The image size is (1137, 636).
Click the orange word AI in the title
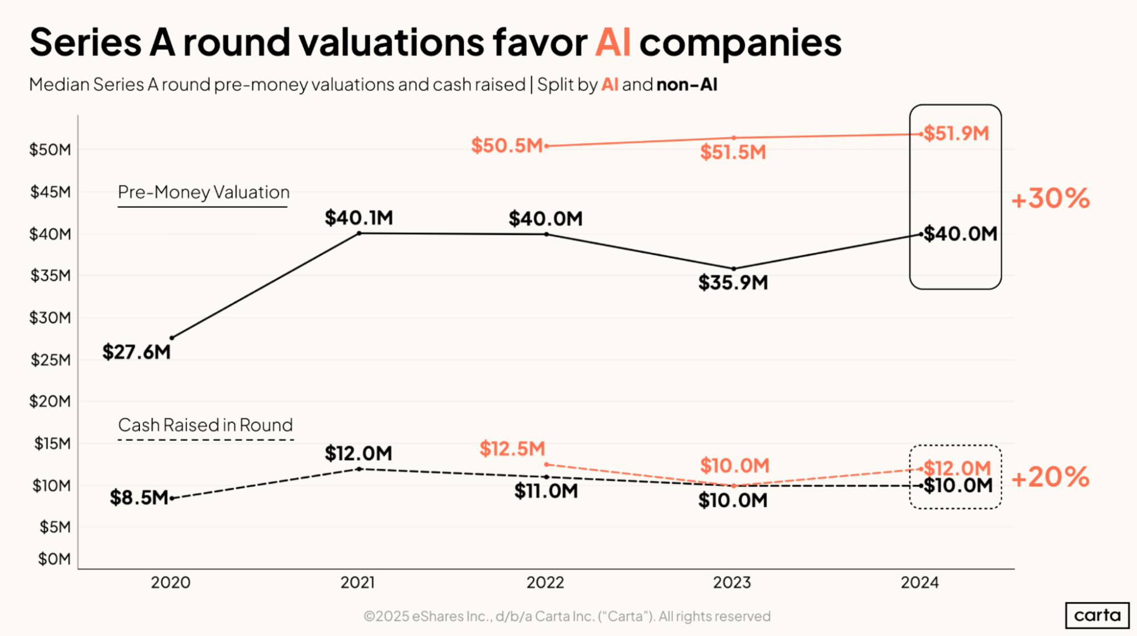pyautogui.click(x=613, y=42)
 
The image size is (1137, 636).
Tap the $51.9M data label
pyautogui.click(x=956, y=133)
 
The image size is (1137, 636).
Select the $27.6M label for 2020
pyautogui.click(x=137, y=352)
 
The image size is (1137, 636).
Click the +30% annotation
pyautogui.click(x=1051, y=199)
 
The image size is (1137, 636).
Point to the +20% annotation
pyautogui.click(x=1051, y=477)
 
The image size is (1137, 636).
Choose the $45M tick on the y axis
pyautogui.click(x=51, y=192)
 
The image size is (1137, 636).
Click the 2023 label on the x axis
pyautogui.click(x=732, y=583)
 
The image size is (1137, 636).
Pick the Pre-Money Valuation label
pyautogui.click(x=204, y=192)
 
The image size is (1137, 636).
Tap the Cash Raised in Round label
pyautogui.click(x=205, y=425)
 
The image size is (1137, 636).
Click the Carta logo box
pyautogui.click(x=1097, y=615)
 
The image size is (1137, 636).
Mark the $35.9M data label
pyautogui.click(x=733, y=283)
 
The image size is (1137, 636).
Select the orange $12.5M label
pyautogui.click(x=512, y=449)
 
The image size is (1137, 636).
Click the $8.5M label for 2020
pyautogui.click(x=139, y=498)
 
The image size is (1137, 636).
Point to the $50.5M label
pyautogui.click(x=507, y=146)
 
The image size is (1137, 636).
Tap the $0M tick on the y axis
pyautogui.click(x=54, y=559)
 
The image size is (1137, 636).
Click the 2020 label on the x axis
pyautogui.click(x=171, y=583)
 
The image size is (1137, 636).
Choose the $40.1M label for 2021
pyautogui.click(x=358, y=218)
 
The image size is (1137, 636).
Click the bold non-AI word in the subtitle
pyautogui.click(x=687, y=85)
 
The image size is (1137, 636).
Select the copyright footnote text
pyautogui.click(x=567, y=616)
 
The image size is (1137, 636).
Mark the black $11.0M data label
pyautogui.click(x=545, y=491)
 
